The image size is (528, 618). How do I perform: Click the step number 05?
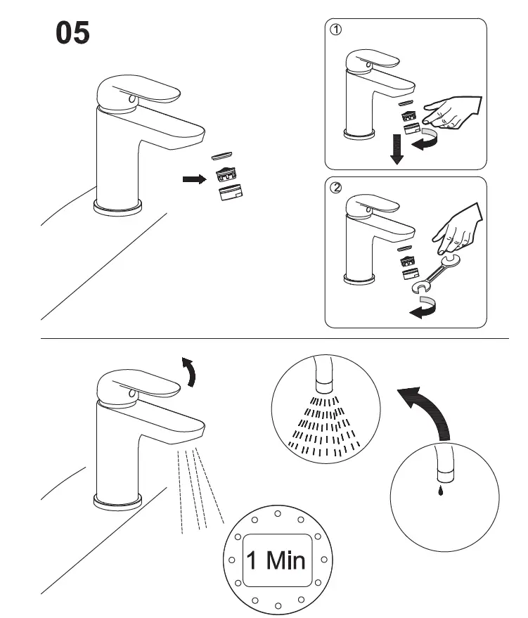coord(73,33)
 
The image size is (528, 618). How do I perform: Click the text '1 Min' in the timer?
coord(276,560)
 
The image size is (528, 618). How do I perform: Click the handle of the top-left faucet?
coord(141,93)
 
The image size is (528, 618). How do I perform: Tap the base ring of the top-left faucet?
coord(117,206)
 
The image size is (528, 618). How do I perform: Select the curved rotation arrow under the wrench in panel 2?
coord(423,308)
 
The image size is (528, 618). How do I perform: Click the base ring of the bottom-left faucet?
coord(117,501)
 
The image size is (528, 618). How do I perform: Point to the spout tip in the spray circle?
coord(324,383)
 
